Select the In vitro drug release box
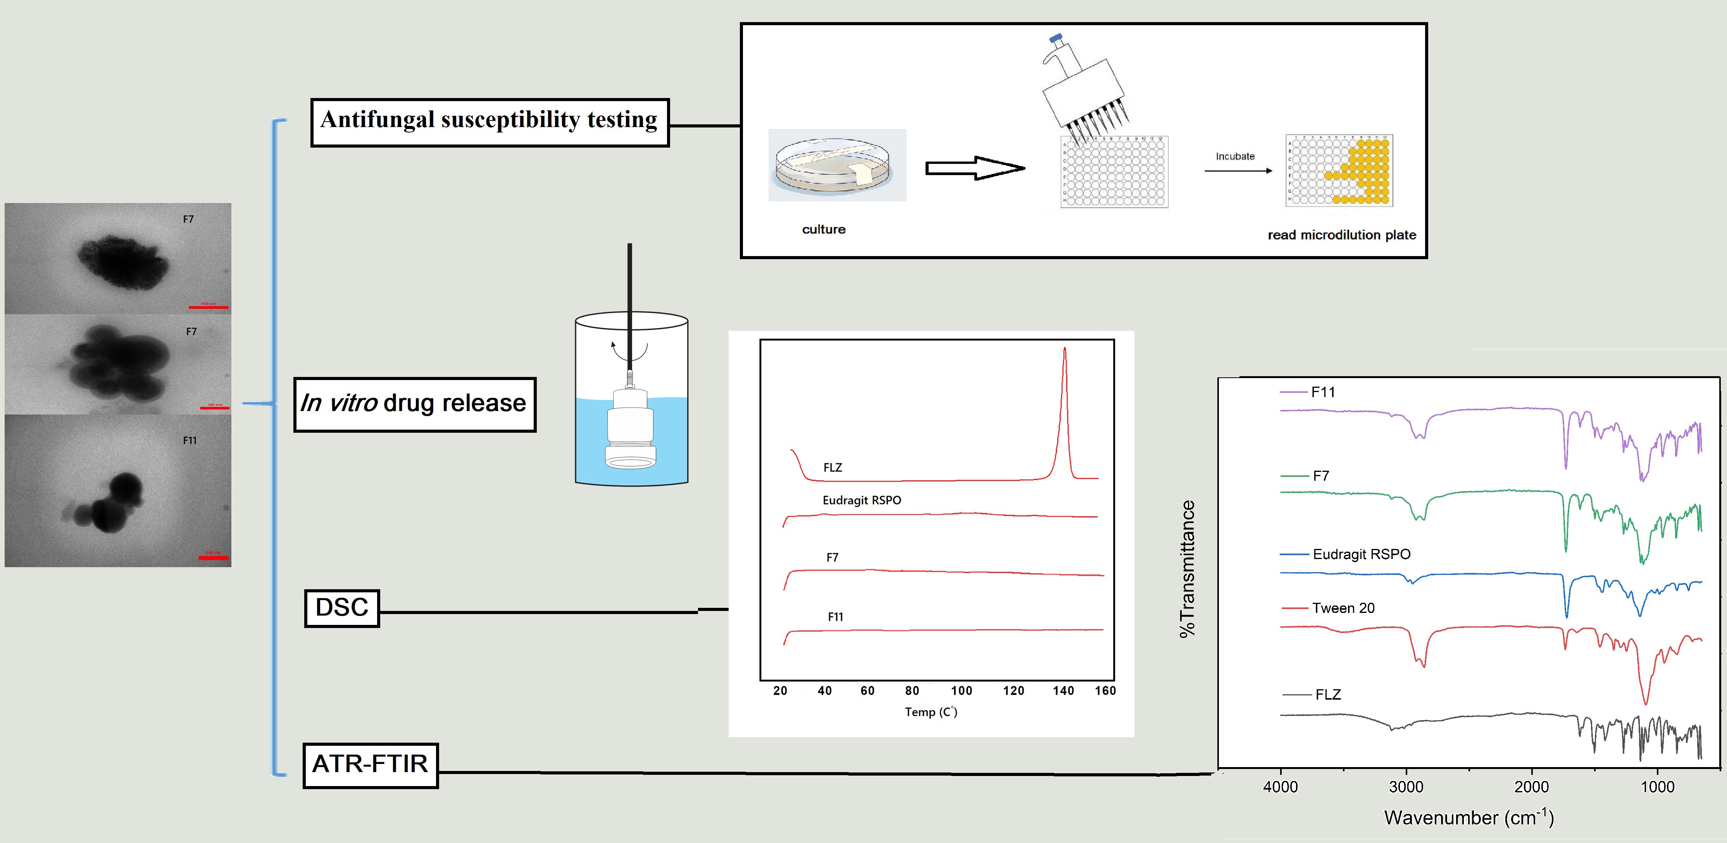(x=414, y=404)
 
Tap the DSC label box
(x=342, y=608)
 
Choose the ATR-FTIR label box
(x=370, y=765)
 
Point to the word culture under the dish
(x=823, y=229)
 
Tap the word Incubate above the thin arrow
(x=1235, y=156)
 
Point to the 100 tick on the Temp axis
(x=962, y=691)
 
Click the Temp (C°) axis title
(x=931, y=712)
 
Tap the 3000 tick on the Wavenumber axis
(x=1406, y=787)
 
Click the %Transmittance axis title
(x=1188, y=568)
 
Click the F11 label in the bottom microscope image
(x=190, y=440)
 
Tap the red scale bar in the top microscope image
(x=209, y=307)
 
